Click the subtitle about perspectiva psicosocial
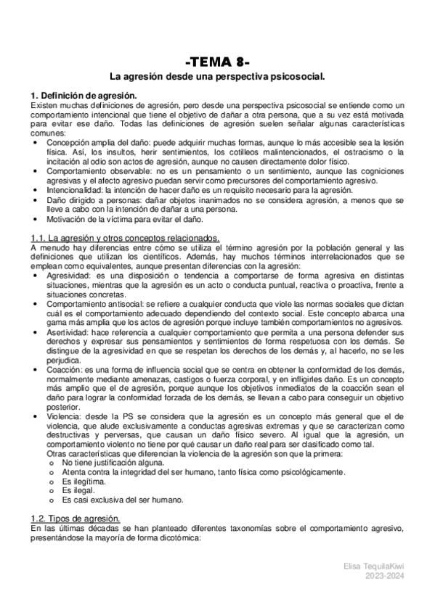[217, 75]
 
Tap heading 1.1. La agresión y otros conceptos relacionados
[125, 239]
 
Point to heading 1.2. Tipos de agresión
[76, 519]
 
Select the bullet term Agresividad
[68, 276]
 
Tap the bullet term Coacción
[65, 370]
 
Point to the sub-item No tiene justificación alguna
[109, 463]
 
